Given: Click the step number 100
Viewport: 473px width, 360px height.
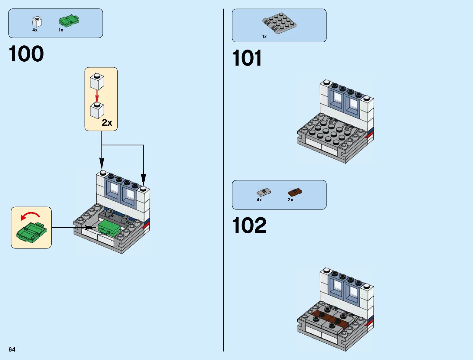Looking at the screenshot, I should click(x=26, y=54).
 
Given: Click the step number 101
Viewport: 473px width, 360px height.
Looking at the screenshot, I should click(x=247, y=58).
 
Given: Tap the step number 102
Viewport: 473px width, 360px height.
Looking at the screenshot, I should click(x=249, y=225).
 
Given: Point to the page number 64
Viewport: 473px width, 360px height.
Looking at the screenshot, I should click(x=12, y=349).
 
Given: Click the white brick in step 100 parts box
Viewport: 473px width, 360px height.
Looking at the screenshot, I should click(x=37, y=22).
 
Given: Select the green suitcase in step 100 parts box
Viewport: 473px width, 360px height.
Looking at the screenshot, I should click(x=69, y=21).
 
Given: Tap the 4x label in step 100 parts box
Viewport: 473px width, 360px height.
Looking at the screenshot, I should click(x=35, y=30).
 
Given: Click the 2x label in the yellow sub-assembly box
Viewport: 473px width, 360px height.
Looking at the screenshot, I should click(x=107, y=122).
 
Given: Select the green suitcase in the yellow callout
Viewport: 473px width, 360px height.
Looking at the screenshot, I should click(x=31, y=232).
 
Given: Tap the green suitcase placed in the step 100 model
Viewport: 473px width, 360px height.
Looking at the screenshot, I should click(x=109, y=227).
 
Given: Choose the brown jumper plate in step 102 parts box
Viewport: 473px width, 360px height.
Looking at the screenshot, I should click(x=295, y=192).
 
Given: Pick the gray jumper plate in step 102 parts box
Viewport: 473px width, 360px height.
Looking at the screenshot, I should click(x=264, y=192).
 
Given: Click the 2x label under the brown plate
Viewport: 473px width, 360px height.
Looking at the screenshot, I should click(x=290, y=200).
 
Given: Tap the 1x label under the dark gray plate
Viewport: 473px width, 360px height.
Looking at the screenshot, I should click(x=264, y=37).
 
